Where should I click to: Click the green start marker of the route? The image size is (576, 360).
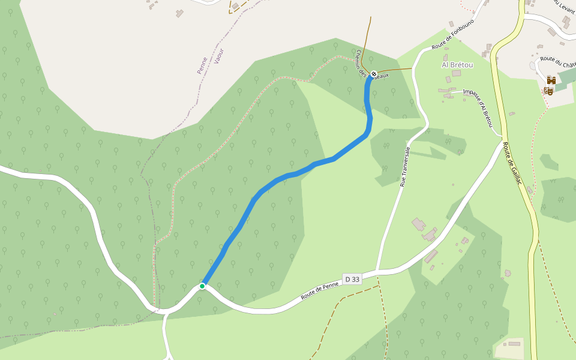click(203, 286)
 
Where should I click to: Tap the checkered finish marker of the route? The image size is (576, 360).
click(374, 74)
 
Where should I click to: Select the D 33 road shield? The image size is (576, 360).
click(352, 279)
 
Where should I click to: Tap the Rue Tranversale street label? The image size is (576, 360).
click(405, 166)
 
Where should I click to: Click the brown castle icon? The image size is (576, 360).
click(551, 80)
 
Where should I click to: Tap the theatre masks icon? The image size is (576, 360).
click(548, 91)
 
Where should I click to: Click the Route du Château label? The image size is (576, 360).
click(557, 61)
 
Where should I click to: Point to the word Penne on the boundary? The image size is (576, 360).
click(202, 65)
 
